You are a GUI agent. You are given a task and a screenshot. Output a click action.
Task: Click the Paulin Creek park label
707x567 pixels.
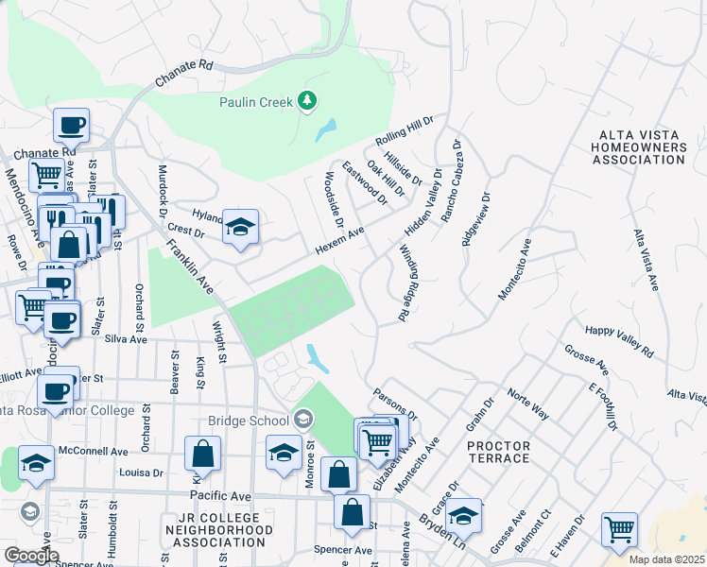click(x=255, y=101)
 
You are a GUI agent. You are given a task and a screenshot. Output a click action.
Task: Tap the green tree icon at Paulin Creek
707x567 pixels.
click(x=306, y=100)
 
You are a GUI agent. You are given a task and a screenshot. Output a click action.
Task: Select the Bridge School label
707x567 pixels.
click(x=249, y=420)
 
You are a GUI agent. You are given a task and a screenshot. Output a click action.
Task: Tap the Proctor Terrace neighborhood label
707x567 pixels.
click(x=498, y=452)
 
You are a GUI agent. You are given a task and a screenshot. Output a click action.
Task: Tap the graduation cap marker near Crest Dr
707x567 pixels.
click(x=240, y=227)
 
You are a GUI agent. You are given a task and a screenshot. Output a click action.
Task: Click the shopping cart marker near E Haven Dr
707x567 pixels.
click(x=619, y=530)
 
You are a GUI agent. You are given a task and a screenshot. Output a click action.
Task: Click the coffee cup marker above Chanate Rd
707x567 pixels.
click(x=71, y=125)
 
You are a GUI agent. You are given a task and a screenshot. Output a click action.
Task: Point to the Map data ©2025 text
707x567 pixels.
click(x=667, y=558)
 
